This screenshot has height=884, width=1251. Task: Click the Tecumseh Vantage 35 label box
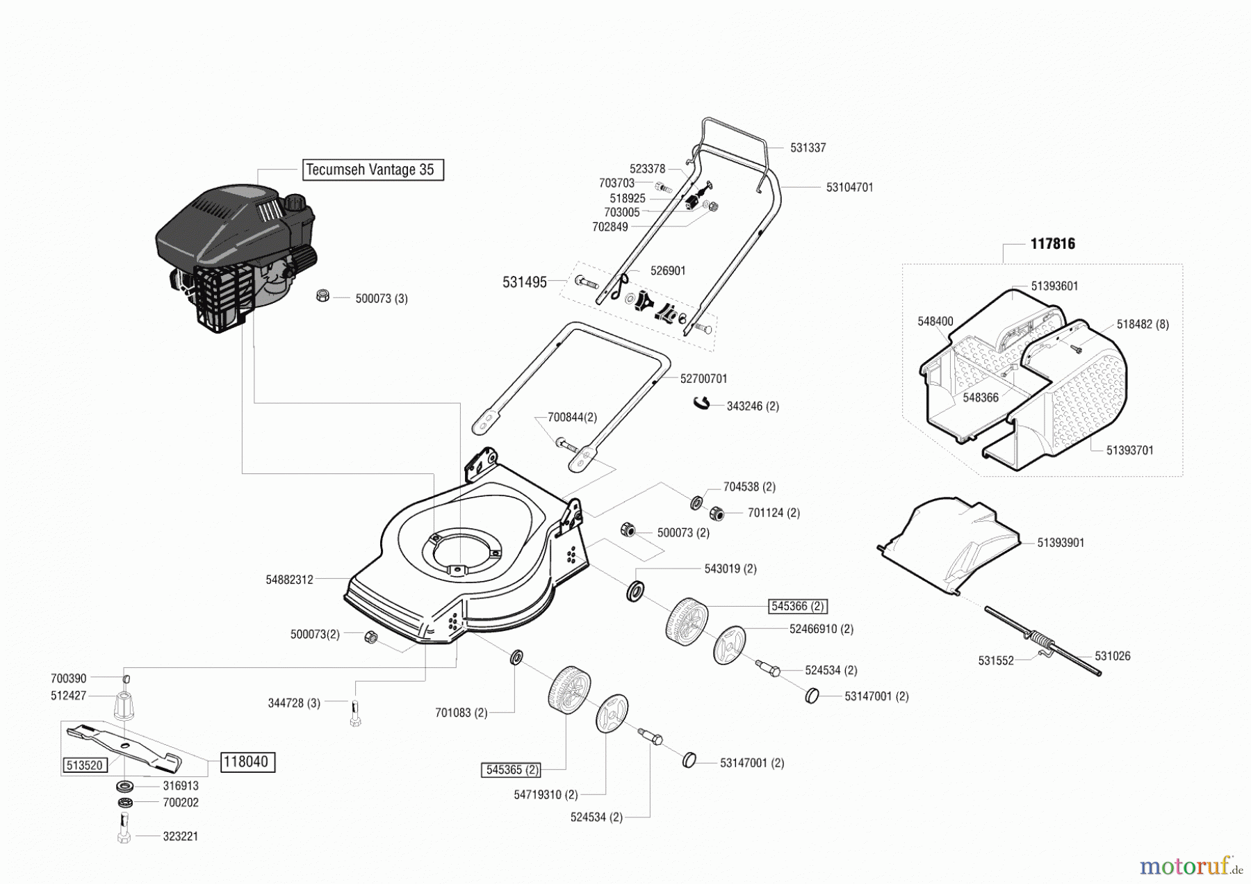pyautogui.click(x=373, y=170)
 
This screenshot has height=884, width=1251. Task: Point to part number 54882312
pyautogui.click(x=289, y=579)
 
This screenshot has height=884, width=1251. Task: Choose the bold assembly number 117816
pyautogui.click(x=1052, y=244)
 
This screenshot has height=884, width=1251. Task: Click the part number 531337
pyautogui.click(x=808, y=148)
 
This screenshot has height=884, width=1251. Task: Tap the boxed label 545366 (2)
pyautogui.click(x=797, y=606)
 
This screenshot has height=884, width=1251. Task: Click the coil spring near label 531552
pyautogui.click(x=1039, y=638)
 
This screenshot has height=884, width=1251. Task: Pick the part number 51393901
pyautogui.click(x=1061, y=543)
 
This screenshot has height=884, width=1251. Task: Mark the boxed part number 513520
pyautogui.click(x=84, y=765)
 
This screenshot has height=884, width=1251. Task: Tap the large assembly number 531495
pyautogui.click(x=524, y=282)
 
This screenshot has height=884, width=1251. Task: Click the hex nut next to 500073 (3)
pyautogui.click(x=322, y=295)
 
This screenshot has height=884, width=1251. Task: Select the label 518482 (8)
pyautogui.click(x=1143, y=325)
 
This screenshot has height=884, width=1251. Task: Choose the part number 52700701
pyautogui.click(x=703, y=379)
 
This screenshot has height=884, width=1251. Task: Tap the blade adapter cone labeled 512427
pyautogui.click(x=124, y=707)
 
